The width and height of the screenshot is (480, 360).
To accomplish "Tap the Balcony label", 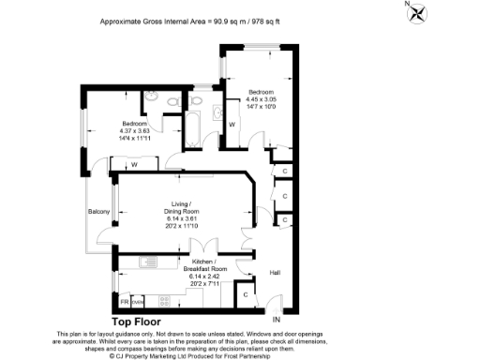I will pyautogui.click(x=98, y=211).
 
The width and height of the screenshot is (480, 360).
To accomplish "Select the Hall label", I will pyautogui.click(x=276, y=273).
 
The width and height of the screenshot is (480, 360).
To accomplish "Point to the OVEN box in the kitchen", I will pyautogui.click(x=137, y=303).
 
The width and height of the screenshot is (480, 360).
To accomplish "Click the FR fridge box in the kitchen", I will pyautogui.click(x=123, y=303).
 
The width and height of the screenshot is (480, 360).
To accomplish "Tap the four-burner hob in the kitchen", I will pyautogui.click(x=165, y=302).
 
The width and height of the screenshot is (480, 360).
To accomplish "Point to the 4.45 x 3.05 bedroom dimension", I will pyautogui.click(x=265, y=97).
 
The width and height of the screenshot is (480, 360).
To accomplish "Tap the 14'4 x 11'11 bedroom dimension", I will pyautogui.click(x=134, y=139).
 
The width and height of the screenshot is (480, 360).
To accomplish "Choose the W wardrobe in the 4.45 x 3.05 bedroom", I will pyautogui.click(x=232, y=123).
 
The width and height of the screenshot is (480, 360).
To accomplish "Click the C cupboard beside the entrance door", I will pyautogui.click(x=246, y=295).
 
